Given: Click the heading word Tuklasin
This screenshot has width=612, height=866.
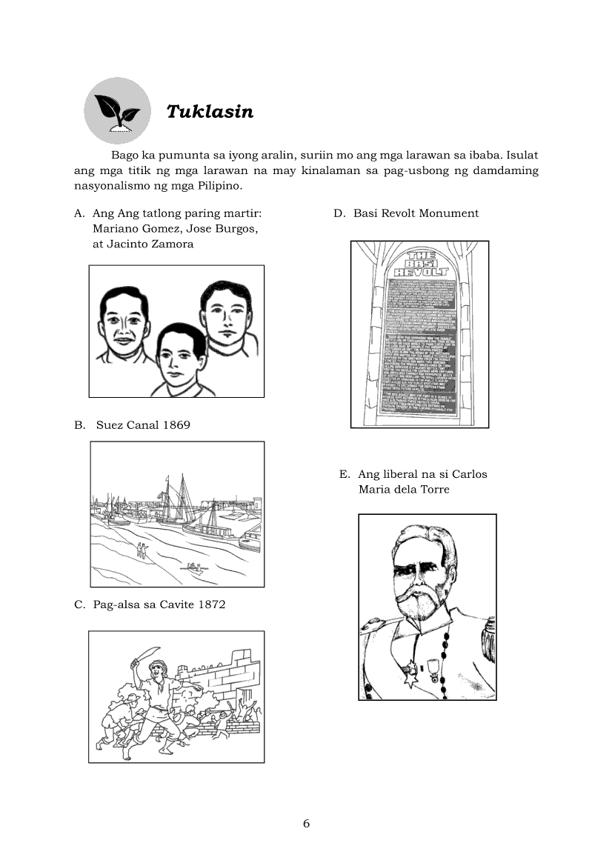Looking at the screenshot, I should click(x=210, y=112).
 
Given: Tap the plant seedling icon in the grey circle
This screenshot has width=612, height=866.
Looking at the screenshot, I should click(x=117, y=111).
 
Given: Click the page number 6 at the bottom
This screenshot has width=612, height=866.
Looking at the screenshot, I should click(x=306, y=824).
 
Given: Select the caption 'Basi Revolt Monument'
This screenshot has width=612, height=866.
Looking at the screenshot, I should click(x=416, y=213).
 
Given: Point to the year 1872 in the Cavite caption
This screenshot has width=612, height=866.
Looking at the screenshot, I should click(x=210, y=604).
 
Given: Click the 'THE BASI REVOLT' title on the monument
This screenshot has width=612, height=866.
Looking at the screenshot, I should click(x=420, y=263).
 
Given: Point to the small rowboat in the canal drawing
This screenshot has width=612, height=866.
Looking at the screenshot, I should click(x=195, y=568).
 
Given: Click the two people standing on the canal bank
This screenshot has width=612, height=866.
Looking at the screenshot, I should click(x=141, y=549).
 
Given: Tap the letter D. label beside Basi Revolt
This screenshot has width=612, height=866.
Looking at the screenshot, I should click(x=339, y=213).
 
